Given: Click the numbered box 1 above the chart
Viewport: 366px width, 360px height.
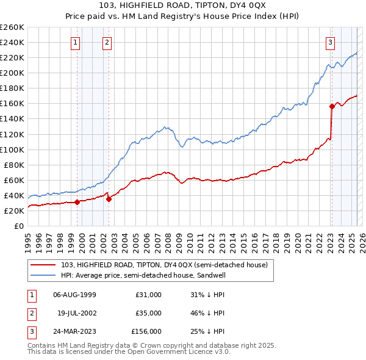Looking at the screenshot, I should coord(75,42).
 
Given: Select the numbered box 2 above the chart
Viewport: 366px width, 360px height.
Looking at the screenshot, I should coord(107,42).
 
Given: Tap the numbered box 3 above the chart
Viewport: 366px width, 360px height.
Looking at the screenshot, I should coord(329,42).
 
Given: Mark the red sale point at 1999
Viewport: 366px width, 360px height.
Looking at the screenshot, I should coord(77,203).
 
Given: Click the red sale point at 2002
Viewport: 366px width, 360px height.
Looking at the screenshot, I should coord(109,199).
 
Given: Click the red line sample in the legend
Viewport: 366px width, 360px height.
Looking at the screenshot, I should coord(43,265).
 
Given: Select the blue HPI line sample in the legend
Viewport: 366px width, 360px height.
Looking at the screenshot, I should coord(43,275).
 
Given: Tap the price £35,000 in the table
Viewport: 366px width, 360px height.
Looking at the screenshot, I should coord(148,313).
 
